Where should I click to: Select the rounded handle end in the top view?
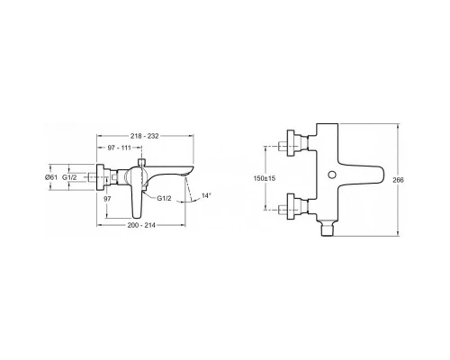[383, 175]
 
